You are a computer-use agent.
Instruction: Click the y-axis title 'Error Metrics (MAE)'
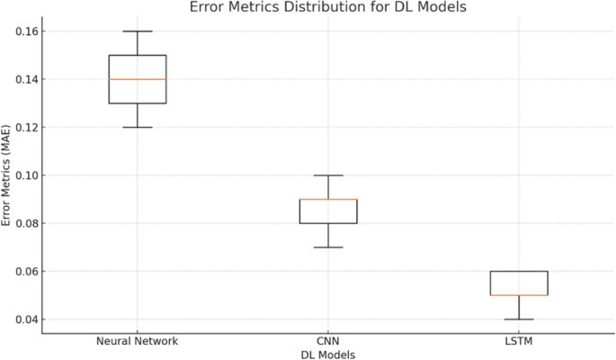coord(7,175)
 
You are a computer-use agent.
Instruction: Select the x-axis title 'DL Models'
coord(328,355)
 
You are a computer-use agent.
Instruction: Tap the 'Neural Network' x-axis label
coord(137,342)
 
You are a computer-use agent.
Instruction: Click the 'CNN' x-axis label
coord(328,342)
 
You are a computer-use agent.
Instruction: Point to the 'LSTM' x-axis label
coord(519,342)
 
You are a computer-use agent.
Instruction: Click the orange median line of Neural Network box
coord(137,79)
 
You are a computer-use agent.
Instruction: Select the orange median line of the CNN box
coord(328,199)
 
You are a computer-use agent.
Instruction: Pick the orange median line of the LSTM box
coord(519,295)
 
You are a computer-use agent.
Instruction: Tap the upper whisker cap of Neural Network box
coord(137,31)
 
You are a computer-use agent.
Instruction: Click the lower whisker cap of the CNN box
coord(328,247)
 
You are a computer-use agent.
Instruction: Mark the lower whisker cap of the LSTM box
coord(519,319)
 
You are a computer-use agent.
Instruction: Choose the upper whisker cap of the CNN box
coord(328,175)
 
